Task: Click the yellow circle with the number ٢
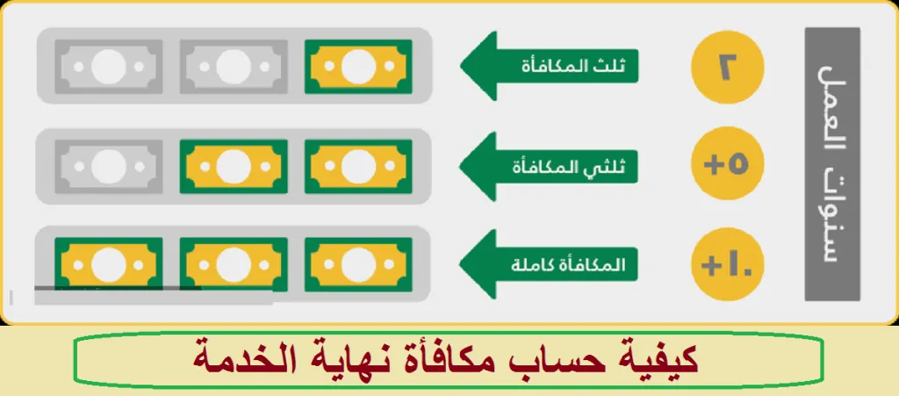click(x=728, y=67)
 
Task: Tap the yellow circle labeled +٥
click(x=728, y=166)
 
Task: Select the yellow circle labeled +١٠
click(x=728, y=265)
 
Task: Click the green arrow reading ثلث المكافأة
click(x=550, y=66)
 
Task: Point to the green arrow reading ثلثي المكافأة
click(x=550, y=166)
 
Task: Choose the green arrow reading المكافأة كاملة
click(x=550, y=264)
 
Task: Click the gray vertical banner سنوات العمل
click(x=832, y=164)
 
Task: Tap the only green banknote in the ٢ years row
click(x=358, y=67)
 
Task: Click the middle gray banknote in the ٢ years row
click(x=234, y=67)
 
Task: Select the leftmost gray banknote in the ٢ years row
click(x=108, y=67)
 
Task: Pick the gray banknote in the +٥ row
click(x=108, y=166)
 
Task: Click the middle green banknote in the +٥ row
click(x=234, y=166)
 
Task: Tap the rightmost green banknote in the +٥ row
click(x=358, y=166)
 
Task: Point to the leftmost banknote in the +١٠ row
click(x=108, y=264)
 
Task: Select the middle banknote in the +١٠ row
click(x=234, y=264)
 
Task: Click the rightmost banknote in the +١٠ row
click(x=358, y=264)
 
